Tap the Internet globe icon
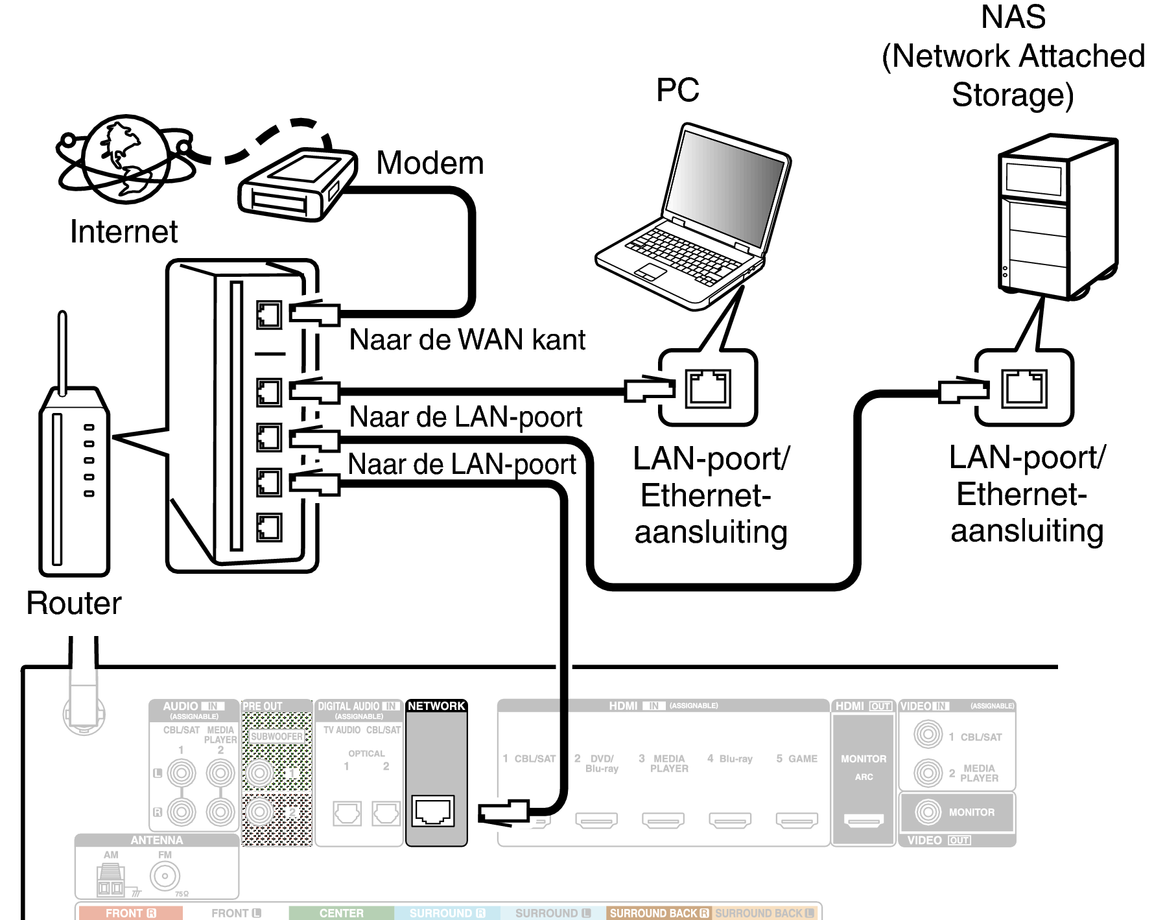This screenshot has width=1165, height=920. [x=126, y=159]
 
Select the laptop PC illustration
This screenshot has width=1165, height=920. [x=692, y=217]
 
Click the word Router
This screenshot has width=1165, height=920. [x=74, y=604]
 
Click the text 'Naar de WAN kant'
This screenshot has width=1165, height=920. [x=467, y=340]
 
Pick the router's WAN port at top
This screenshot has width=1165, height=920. [x=268, y=315]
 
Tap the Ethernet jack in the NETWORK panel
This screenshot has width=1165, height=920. [x=434, y=811]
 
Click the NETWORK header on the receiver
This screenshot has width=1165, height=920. [x=436, y=706]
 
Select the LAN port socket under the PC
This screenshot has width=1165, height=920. [x=708, y=388]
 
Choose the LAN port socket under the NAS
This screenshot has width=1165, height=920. [x=1024, y=388]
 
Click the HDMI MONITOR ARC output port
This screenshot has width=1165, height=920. [x=864, y=821]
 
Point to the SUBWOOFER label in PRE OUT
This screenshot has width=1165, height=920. [x=277, y=737]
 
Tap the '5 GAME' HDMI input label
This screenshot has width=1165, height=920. [x=797, y=759]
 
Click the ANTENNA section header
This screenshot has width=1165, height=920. [x=157, y=840]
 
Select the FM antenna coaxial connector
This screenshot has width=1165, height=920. [x=165, y=876]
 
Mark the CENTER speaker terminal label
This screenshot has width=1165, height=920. [x=341, y=913]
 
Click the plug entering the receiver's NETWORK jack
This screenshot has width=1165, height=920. [x=503, y=812]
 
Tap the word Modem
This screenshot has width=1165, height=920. [x=430, y=163]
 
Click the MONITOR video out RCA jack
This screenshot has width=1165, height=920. [x=928, y=812]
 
